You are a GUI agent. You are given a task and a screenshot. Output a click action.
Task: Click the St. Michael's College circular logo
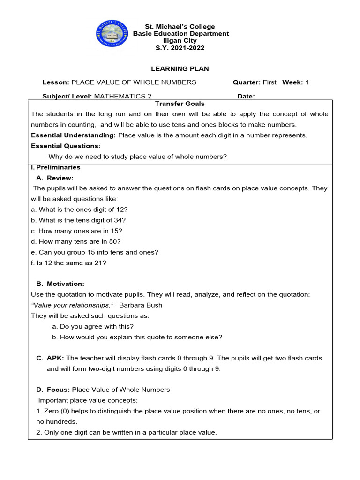tap(112, 34)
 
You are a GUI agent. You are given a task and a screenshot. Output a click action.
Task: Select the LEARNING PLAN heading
tap(180, 69)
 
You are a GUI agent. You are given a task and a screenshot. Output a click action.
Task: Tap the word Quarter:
tap(247, 82)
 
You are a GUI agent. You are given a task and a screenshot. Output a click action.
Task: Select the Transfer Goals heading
tap(180, 104)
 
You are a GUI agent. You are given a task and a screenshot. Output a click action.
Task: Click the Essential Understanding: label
tap(74, 135)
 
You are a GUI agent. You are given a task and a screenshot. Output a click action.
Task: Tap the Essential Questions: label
tap(66, 146)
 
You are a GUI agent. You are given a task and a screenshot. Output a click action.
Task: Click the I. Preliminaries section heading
tap(55, 167)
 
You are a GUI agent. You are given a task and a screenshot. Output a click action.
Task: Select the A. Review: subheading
tap(55, 178)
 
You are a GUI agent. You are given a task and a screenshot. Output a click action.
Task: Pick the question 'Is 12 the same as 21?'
tap(68, 263)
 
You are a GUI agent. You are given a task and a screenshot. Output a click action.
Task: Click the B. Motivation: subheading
tap(60, 284)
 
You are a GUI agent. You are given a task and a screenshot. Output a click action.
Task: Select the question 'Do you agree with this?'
tap(93, 326)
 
